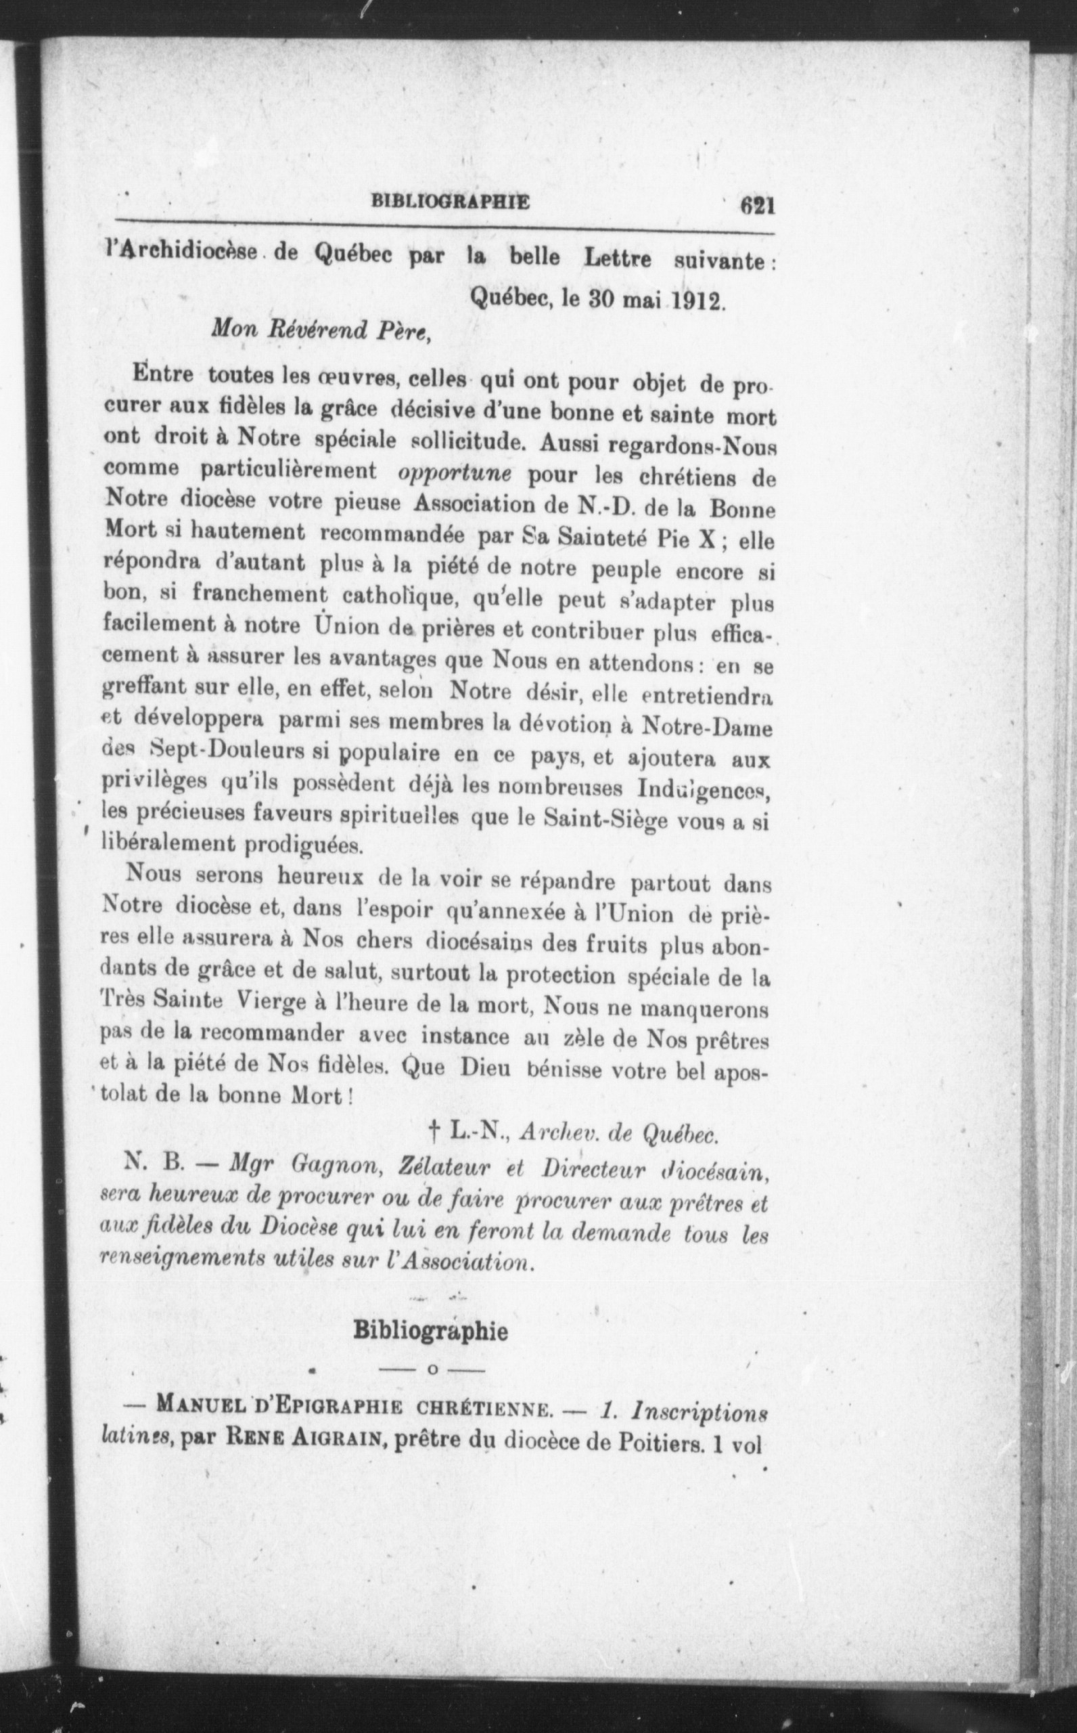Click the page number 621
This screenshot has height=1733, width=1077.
[x=756, y=205]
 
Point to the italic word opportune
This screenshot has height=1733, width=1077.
[x=455, y=474]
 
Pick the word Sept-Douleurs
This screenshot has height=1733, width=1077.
[x=204, y=751]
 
